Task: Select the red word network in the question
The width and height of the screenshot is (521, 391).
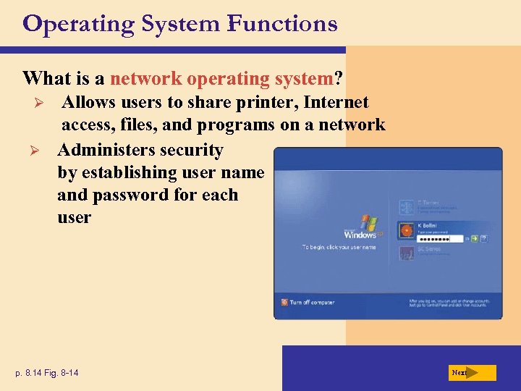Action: coord(146,77)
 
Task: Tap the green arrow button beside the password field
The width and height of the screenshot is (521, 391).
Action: coord(475,237)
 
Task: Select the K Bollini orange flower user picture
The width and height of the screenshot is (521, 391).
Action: coord(406,231)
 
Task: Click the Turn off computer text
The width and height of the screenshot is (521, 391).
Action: coord(312,302)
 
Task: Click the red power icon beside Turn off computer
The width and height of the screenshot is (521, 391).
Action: coord(284,302)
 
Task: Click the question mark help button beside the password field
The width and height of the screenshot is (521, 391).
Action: coord(483,237)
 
